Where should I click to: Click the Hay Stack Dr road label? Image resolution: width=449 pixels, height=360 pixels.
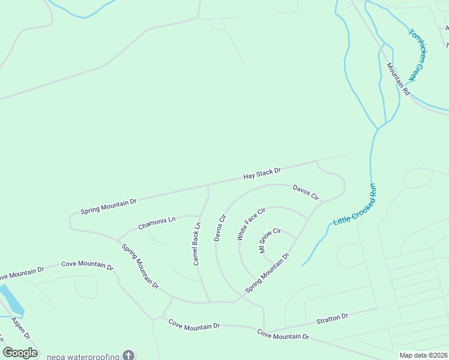point(262,174)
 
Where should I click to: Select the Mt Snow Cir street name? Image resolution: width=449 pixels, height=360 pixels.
point(270,240)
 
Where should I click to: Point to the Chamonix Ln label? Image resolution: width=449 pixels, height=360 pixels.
point(157,223)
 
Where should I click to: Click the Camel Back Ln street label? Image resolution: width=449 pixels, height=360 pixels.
point(196,244)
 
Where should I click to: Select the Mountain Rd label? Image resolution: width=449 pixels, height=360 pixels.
point(398,79)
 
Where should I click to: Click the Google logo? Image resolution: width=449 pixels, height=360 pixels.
point(20,353)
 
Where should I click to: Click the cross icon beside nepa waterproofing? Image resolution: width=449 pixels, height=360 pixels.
point(128,355)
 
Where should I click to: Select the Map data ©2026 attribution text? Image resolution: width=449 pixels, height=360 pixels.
point(424,355)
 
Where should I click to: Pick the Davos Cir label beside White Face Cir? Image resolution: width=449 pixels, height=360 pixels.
point(219,227)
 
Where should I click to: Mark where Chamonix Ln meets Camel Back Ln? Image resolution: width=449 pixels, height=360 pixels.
point(199,215)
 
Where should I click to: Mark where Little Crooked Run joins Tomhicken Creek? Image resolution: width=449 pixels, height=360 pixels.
point(377,128)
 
